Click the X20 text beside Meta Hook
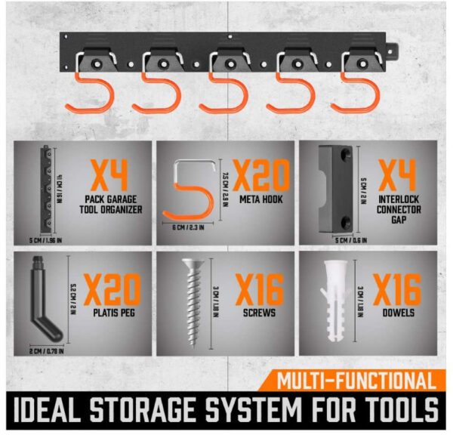click(x=260, y=177)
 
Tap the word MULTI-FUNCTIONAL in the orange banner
click(x=355, y=381)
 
